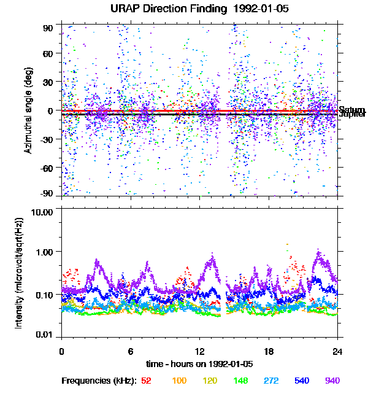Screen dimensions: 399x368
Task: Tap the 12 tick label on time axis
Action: (x=199, y=351)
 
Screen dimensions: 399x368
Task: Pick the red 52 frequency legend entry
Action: (x=146, y=381)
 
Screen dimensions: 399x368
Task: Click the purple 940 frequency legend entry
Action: (x=332, y=381)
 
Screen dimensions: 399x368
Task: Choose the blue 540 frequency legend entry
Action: (x=301, y=381)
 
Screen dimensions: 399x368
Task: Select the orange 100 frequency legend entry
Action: (x=178, y=381)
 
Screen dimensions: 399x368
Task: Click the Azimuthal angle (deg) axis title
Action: (x=28, y=110)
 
